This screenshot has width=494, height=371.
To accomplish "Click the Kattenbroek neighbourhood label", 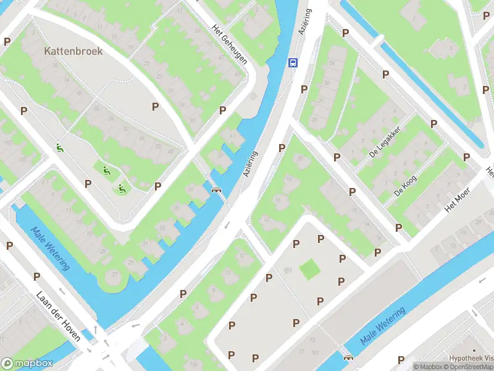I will [73, 51].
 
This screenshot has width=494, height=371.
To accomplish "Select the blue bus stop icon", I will [293, 62].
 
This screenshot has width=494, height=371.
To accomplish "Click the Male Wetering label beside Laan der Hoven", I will [51, 247].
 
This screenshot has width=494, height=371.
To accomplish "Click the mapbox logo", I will [27, 364].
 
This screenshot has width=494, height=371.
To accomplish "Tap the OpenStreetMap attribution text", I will [470, 367].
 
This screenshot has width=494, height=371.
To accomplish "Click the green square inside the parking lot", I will [309, 269].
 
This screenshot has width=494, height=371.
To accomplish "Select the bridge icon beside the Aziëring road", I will [216, 190].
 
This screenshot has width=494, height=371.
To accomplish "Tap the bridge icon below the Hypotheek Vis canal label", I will [348, 357].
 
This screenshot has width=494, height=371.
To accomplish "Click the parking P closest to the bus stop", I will [304, 90].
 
